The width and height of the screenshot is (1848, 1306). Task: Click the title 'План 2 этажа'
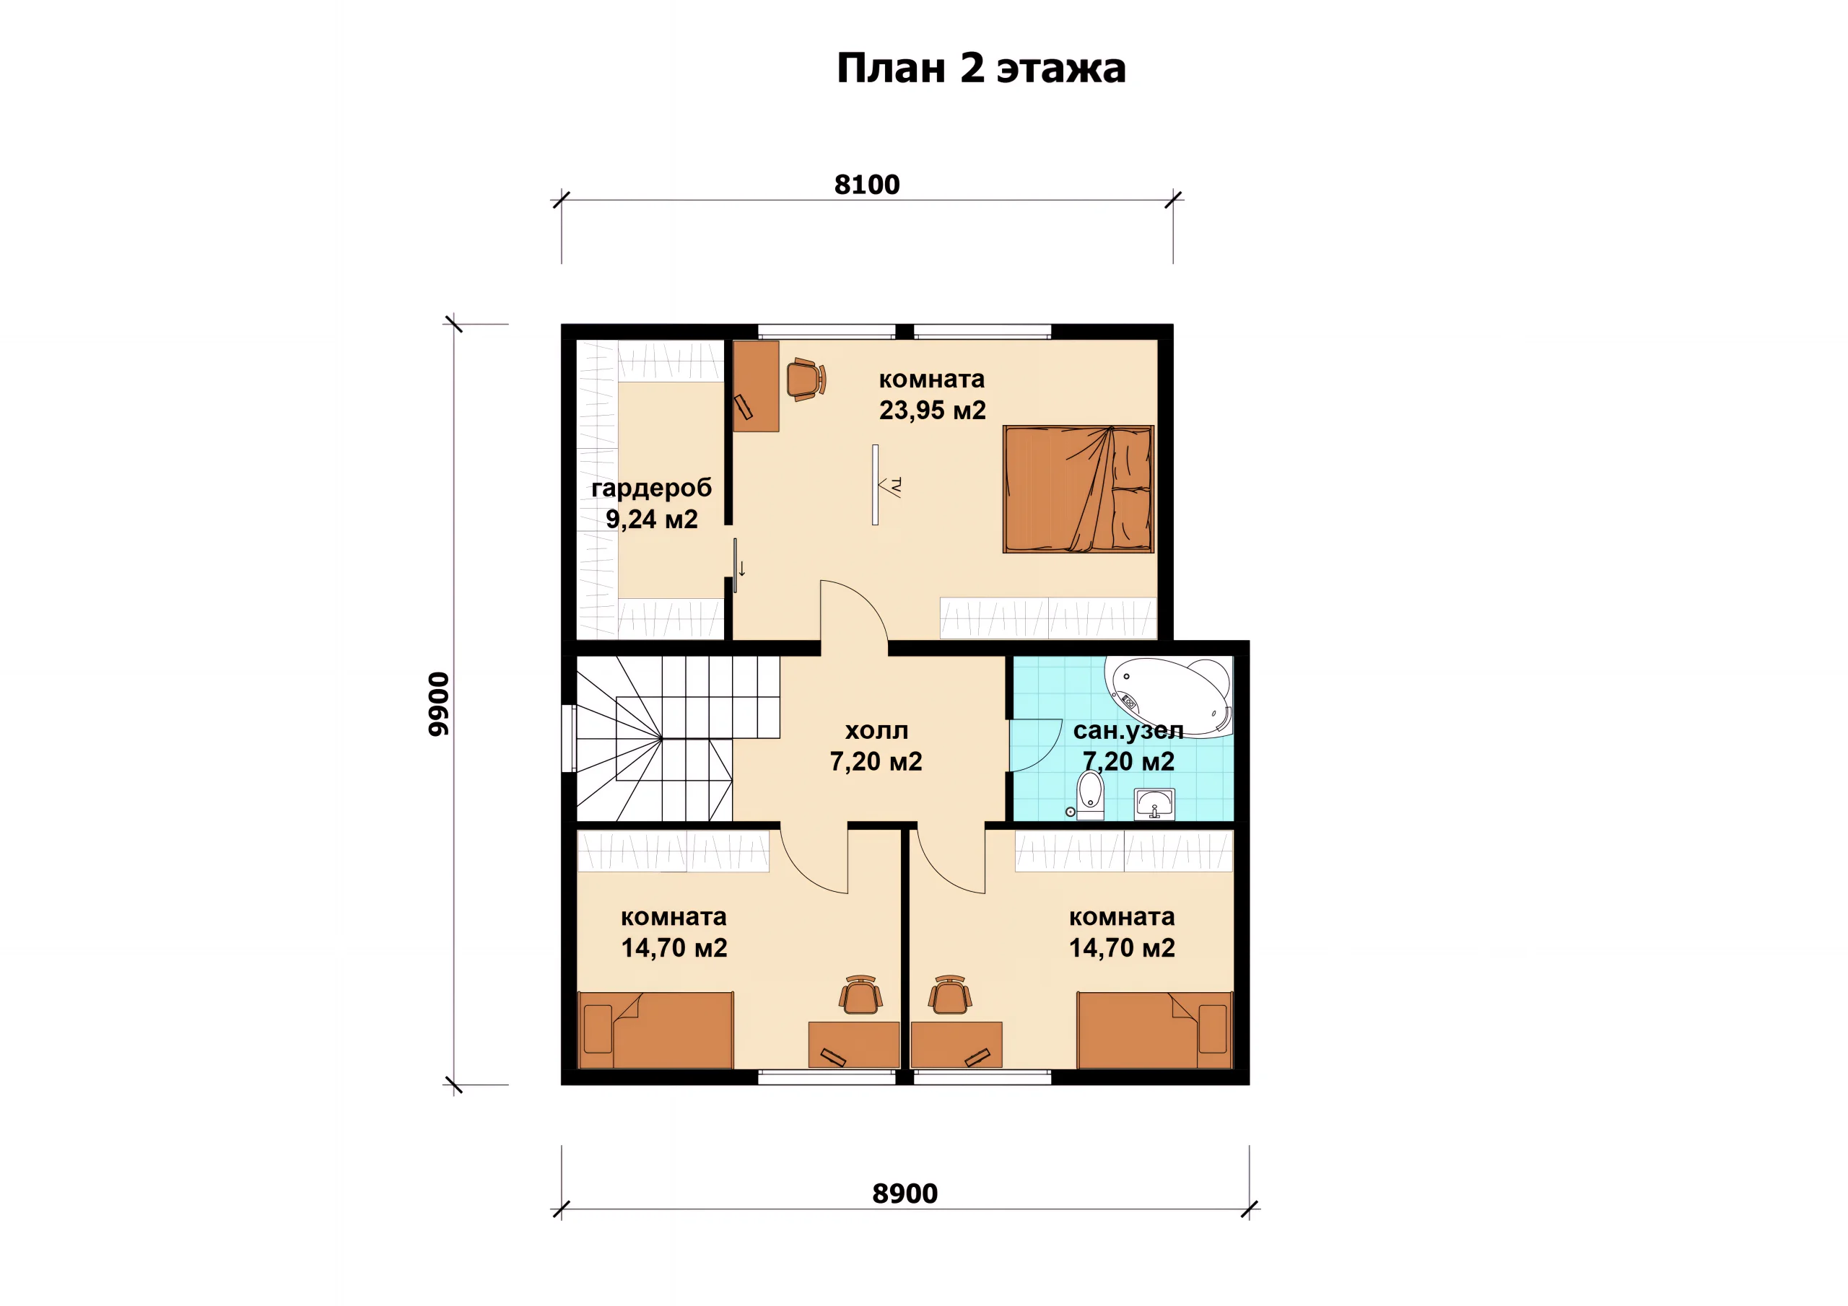981,69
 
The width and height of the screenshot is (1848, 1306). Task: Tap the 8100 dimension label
867,185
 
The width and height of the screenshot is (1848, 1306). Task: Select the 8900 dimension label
905,1193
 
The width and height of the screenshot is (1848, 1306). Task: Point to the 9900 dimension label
439,704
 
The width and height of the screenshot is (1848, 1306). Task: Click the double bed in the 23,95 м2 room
1078,489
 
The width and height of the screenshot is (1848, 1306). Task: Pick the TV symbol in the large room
885,485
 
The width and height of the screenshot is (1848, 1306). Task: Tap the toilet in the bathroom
1090,795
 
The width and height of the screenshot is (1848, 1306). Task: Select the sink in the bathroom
1154,804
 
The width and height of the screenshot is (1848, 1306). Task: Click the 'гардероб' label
651,488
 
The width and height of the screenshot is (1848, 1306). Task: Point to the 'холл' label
876,731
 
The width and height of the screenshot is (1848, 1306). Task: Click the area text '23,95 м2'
932,411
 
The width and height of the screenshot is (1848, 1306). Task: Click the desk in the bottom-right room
956,1046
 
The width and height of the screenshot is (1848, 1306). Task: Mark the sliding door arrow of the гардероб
742,568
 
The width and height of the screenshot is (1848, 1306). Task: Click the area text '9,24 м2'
651,520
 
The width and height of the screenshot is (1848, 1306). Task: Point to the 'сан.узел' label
1128,731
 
